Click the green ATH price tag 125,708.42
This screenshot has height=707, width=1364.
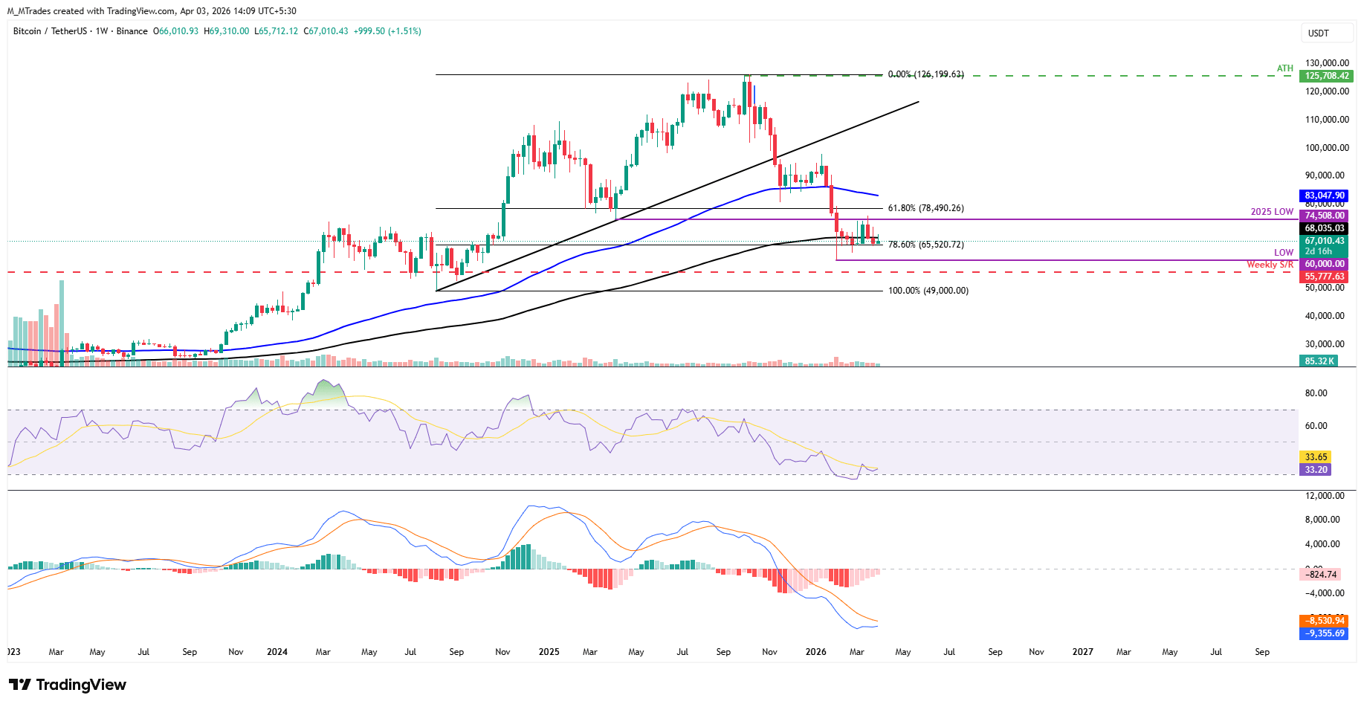tap(1326, 76)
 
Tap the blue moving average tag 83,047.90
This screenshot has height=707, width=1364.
tap(1324, 196)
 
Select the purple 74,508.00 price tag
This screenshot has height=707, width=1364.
tap(1324, 216)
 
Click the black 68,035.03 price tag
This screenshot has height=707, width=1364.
tap(1324, 228)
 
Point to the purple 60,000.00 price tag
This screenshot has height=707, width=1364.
tap(1324, 264)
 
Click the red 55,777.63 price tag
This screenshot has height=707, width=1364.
tap(1324, 277)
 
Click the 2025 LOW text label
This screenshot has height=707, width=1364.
tap(1272, 212)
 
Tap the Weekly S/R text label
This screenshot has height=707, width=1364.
tap(1270, 265)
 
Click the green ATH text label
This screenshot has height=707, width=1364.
tap(1285, 68)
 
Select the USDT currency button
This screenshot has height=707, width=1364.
tap(1319, 33)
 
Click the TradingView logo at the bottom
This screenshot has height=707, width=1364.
tap(68, 685)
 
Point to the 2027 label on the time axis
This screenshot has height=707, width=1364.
tap(1082, 652)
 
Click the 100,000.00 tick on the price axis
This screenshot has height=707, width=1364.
tap(1326, 148)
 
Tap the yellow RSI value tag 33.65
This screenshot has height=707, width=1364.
tap(1315, 457)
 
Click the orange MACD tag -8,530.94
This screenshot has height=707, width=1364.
tap(1324, 621)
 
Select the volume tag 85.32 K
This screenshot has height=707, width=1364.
tap(1319, 361)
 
